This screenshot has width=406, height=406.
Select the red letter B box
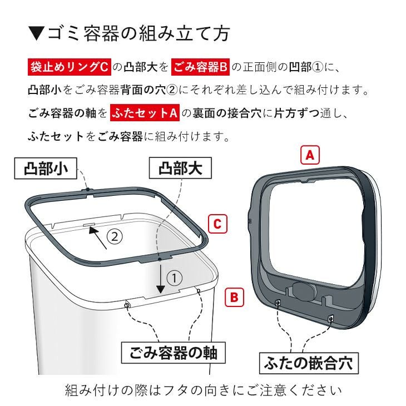[234, 297]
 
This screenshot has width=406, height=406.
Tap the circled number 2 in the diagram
[114, 237]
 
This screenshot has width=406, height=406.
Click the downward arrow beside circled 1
[161, 278]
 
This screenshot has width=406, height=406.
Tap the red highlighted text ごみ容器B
[200, 67]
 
